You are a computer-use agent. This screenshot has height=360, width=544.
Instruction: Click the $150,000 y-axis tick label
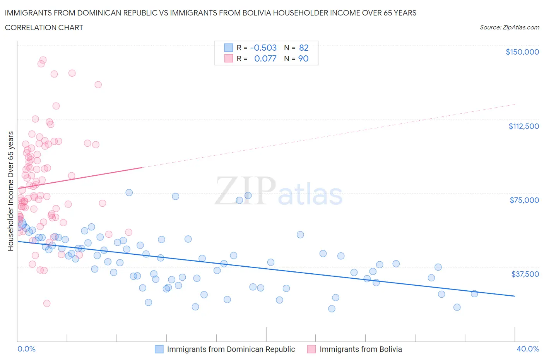[x=522, y=52]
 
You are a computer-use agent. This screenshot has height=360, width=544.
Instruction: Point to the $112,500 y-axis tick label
[x=523, y=126]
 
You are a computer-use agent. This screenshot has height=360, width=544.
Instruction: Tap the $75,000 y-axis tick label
[x=524, y=200]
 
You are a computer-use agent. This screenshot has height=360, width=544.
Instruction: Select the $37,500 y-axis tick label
[x=525, y=274]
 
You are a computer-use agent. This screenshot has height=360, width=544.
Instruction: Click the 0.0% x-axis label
[x=26, y=349]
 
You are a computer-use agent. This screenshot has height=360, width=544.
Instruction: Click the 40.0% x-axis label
[x=528, y=349]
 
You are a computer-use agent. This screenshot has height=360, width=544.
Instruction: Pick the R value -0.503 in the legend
[x=263, y=48]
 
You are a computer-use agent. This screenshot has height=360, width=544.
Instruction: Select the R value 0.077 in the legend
[x=265, y=58]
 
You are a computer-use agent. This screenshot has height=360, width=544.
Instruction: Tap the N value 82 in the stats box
[x=304, y=48]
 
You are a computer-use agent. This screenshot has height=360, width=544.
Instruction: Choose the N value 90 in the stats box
[x=303, y=58]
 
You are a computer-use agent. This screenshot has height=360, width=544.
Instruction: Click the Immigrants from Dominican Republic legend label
[x=231, y=349]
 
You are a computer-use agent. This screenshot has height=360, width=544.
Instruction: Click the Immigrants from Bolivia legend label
[x=361, y=349]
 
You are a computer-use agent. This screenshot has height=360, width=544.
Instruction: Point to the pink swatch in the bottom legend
[x=311, y=349]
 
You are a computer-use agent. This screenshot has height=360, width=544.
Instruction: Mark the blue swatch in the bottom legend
[x=159, y=349]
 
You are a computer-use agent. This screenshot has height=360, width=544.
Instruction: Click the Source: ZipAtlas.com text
[x=509, y=27]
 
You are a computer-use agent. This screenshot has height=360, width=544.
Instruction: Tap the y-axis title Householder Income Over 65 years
[x=11, y=191]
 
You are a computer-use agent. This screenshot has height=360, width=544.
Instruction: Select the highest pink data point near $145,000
[x=43, y=60]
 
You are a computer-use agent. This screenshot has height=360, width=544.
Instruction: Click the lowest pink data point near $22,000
[x=47, y=303]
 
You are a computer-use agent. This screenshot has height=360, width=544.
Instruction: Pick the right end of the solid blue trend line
[x=515, y=296]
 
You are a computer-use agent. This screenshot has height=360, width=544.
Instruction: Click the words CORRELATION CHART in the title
[x=44, y=27]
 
